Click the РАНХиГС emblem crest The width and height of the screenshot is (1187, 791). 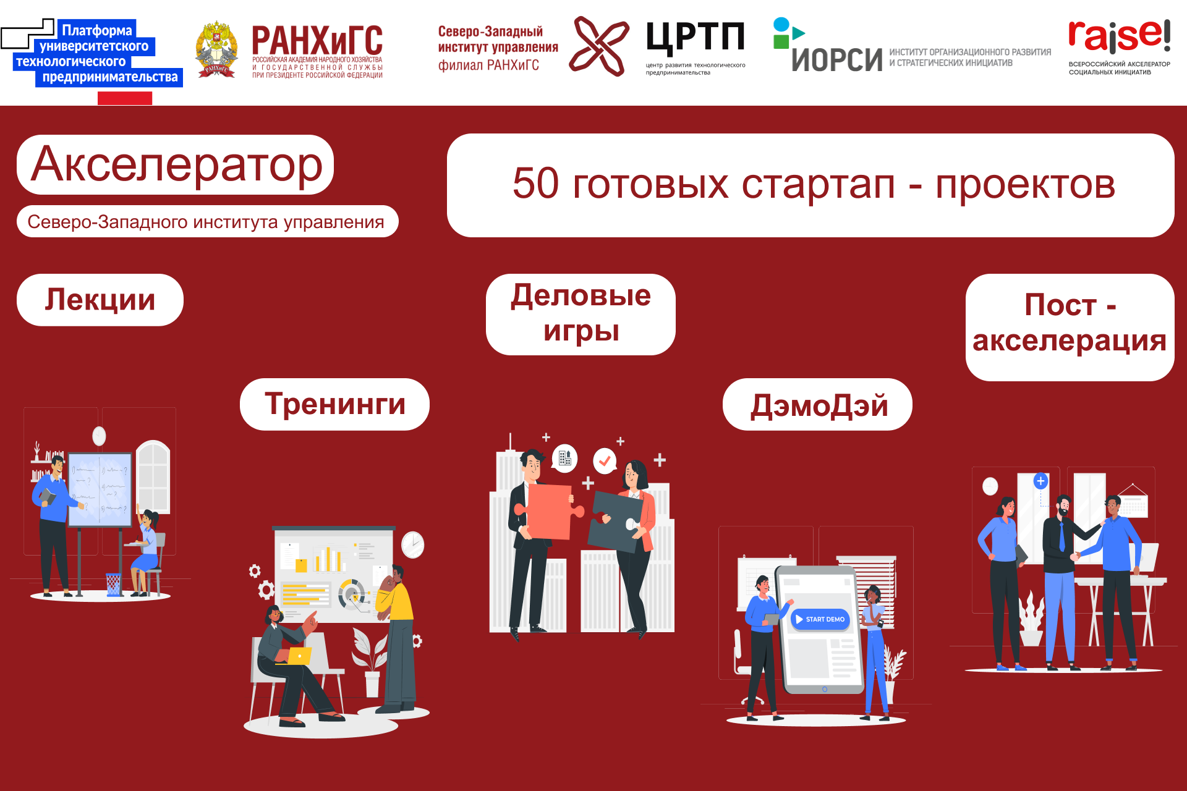[x=216, y=50]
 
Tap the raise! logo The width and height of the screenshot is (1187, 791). [x=1119, y=37]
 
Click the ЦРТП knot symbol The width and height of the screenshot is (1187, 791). [x=598, y=46]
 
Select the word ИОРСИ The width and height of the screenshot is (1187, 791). [x=836, y=60]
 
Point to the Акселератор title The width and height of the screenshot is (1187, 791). [x=176, y=164]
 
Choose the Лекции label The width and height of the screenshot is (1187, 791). [x=100, y=300]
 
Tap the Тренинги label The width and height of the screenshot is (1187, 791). [x=334, y=404]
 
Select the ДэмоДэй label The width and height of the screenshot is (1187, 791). [x=818, y=405]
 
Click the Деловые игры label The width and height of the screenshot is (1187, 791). [x=581, y=314]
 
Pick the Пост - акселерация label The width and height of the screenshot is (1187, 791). [x=1070, y=324]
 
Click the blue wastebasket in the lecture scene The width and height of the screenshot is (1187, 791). [x=113, y=584]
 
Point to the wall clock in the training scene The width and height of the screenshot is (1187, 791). [x=412, y=544]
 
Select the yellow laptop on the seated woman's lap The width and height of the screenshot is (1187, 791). [x=299, y=655]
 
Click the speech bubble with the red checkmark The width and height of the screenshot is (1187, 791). [x=605, y=460]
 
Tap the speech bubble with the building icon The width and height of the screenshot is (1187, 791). [x=564, y=458]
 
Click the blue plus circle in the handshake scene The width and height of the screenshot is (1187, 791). [x=1041, y=481]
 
